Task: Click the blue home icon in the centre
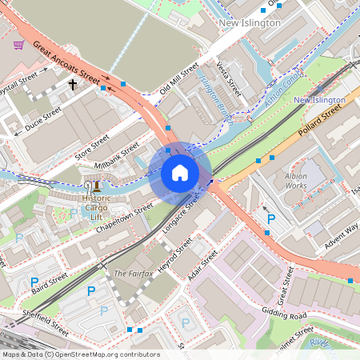180,173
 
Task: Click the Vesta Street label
229,78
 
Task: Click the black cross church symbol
72,83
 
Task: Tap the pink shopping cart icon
18,45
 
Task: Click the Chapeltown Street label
124,216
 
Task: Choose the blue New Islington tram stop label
319,100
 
